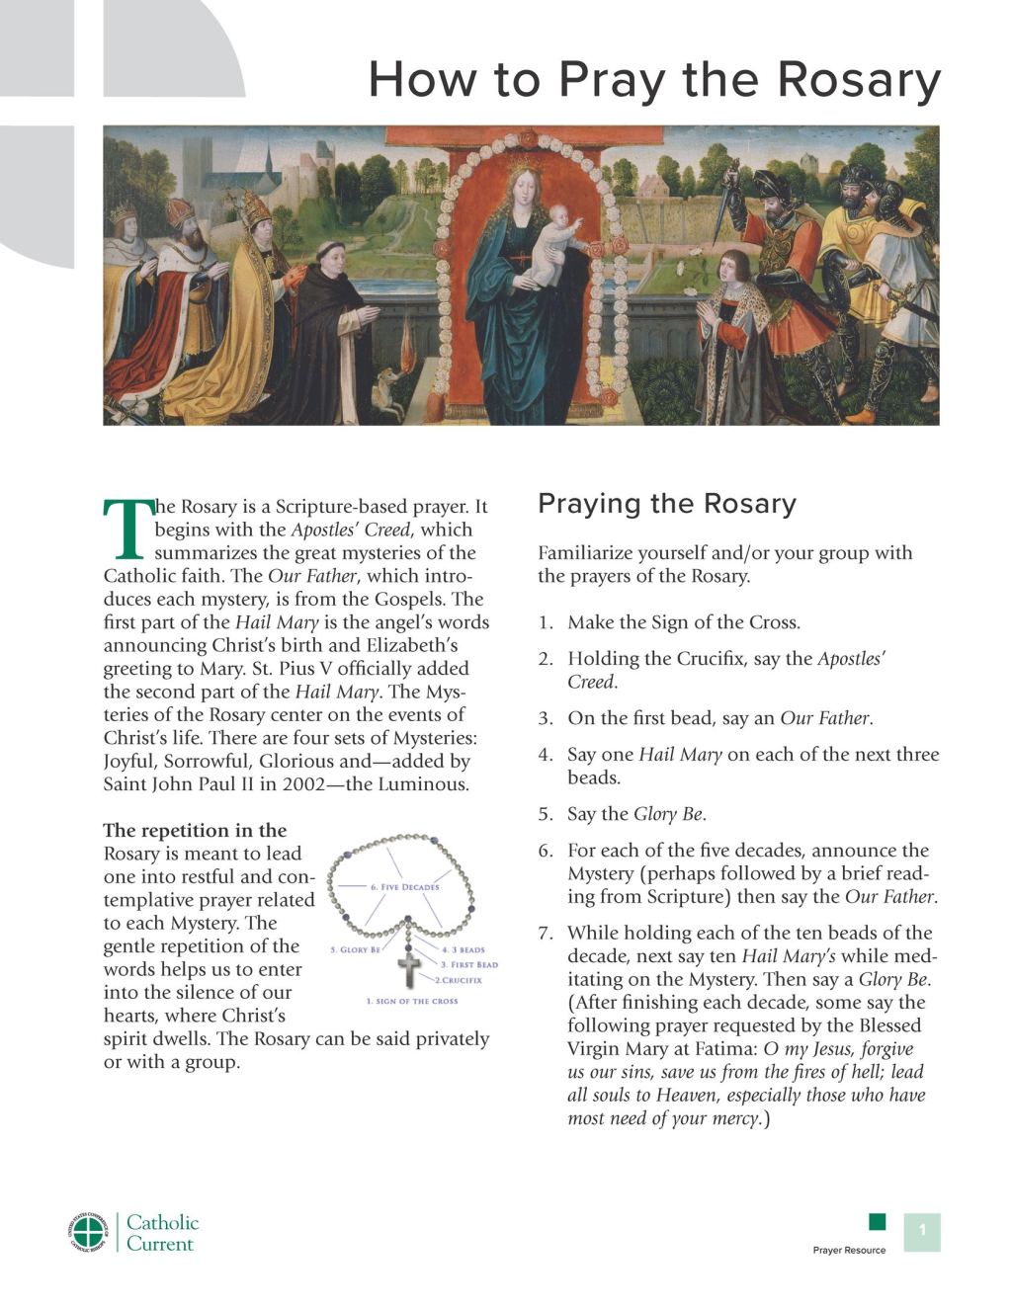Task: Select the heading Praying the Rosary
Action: (666, 504)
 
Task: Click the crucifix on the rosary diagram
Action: (410, 967)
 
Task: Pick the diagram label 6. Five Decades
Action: (404, 887)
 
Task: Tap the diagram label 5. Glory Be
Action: (354, 949)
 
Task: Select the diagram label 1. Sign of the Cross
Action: (412, 1001)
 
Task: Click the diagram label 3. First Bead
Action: (468, 964)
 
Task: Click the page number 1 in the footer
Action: (922, 1230)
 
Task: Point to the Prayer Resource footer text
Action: (849, 1250)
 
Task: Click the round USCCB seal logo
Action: (89, 1232)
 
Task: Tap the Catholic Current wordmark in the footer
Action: (162, 1233)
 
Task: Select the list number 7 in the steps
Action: (546, 934)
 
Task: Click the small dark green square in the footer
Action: (877, 1222)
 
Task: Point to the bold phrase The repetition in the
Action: (195, 830)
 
